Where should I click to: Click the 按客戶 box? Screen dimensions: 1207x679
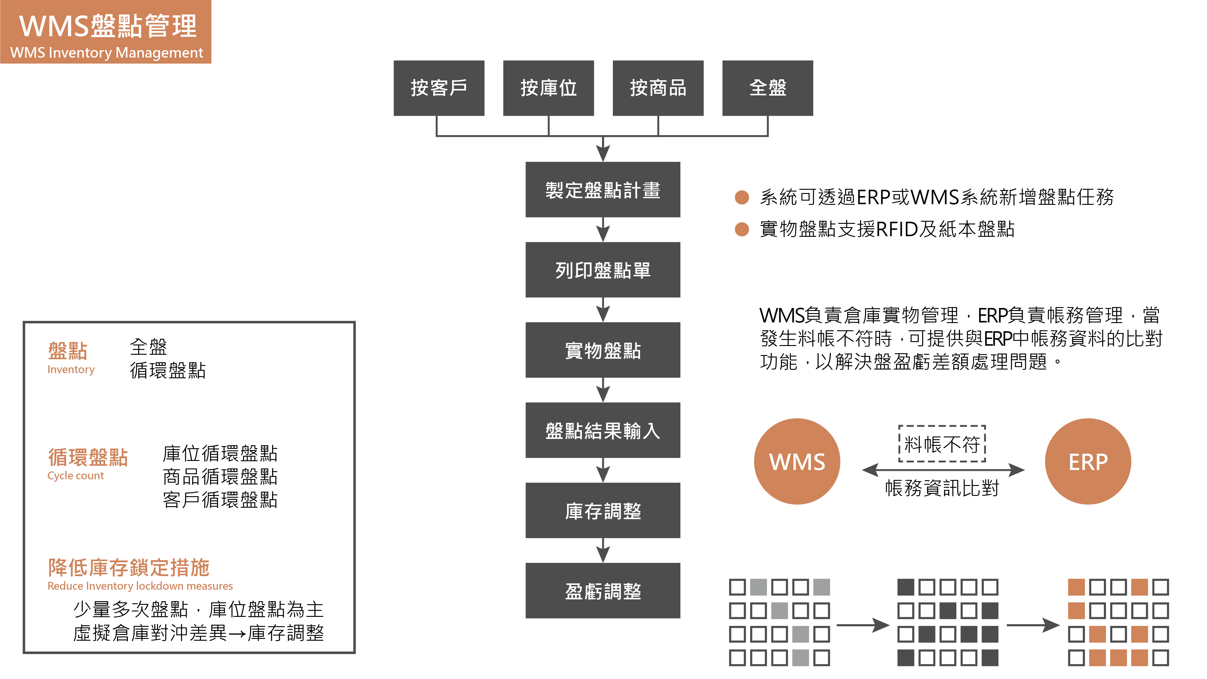(x=439, y=88)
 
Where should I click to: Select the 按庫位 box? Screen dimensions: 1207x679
(x=548, y=88)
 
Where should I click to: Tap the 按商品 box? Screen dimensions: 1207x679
(x=658, y=88)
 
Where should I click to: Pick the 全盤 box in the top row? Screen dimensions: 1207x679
(x=768, y=88)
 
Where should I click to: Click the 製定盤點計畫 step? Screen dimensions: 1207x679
(x=603, y=190)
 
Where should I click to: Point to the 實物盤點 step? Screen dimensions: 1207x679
(x=603, y=350)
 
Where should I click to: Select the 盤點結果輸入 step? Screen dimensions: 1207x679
(x=603, y=430)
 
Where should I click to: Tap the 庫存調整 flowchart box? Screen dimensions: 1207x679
(x=603, y=510)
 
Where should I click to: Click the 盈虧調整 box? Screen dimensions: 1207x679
(x=603, y=590)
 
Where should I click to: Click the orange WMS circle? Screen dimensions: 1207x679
(x=797, y=462)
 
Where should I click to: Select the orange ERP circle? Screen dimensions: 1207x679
(x=1088, y=462)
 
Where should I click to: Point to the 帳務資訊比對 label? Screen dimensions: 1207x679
(x=942, y=488)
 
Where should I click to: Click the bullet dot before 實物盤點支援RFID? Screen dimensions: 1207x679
(x=742, y=229)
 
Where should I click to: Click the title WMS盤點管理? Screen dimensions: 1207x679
(x=108, y=26)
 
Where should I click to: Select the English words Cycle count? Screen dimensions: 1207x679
(x=75, y=476)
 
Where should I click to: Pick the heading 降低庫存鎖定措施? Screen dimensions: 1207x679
(x=128, y=567)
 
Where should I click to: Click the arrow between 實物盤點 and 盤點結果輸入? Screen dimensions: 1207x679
(x=603, y=390)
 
